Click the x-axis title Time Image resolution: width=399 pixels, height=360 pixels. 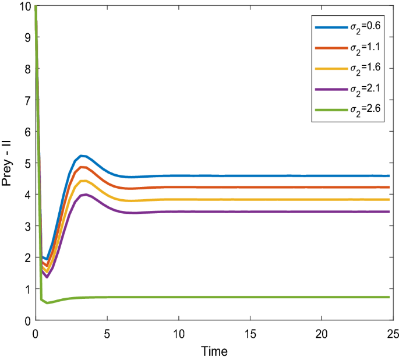214,351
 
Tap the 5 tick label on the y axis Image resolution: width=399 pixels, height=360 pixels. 26,163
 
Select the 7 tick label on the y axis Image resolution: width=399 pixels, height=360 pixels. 26,100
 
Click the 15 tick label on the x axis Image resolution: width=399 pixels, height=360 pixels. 250,334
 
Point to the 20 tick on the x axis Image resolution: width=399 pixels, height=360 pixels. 321,334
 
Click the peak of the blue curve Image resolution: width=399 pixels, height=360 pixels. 82,156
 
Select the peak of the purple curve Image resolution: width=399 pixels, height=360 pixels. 86,195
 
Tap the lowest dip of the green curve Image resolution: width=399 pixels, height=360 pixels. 48,303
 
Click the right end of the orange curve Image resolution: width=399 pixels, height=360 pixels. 389,187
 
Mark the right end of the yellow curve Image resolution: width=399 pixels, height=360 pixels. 389,199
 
